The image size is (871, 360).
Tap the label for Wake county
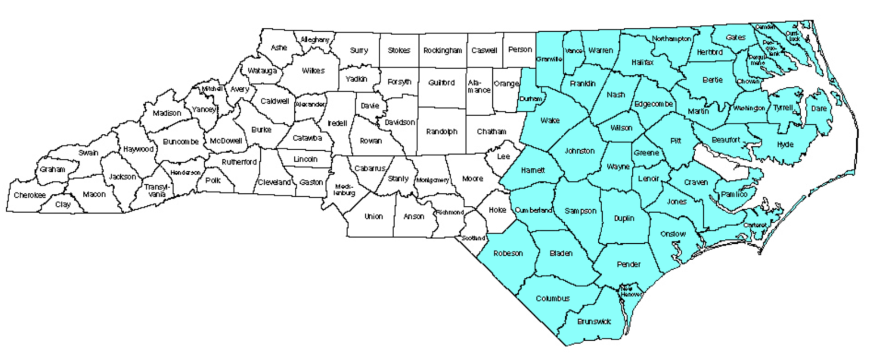549,120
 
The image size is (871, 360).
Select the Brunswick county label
594,321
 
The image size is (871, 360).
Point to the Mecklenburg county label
344,189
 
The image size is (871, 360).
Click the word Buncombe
180,141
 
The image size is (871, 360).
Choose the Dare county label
819,108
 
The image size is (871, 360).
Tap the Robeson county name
508,253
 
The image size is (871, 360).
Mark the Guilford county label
442,83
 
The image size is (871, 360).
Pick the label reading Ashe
279,48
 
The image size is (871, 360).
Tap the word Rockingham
443,50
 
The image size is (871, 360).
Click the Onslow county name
673,234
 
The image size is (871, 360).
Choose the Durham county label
531,99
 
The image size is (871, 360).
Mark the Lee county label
503,156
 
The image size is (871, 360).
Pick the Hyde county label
785,144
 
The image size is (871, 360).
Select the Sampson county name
580,211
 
